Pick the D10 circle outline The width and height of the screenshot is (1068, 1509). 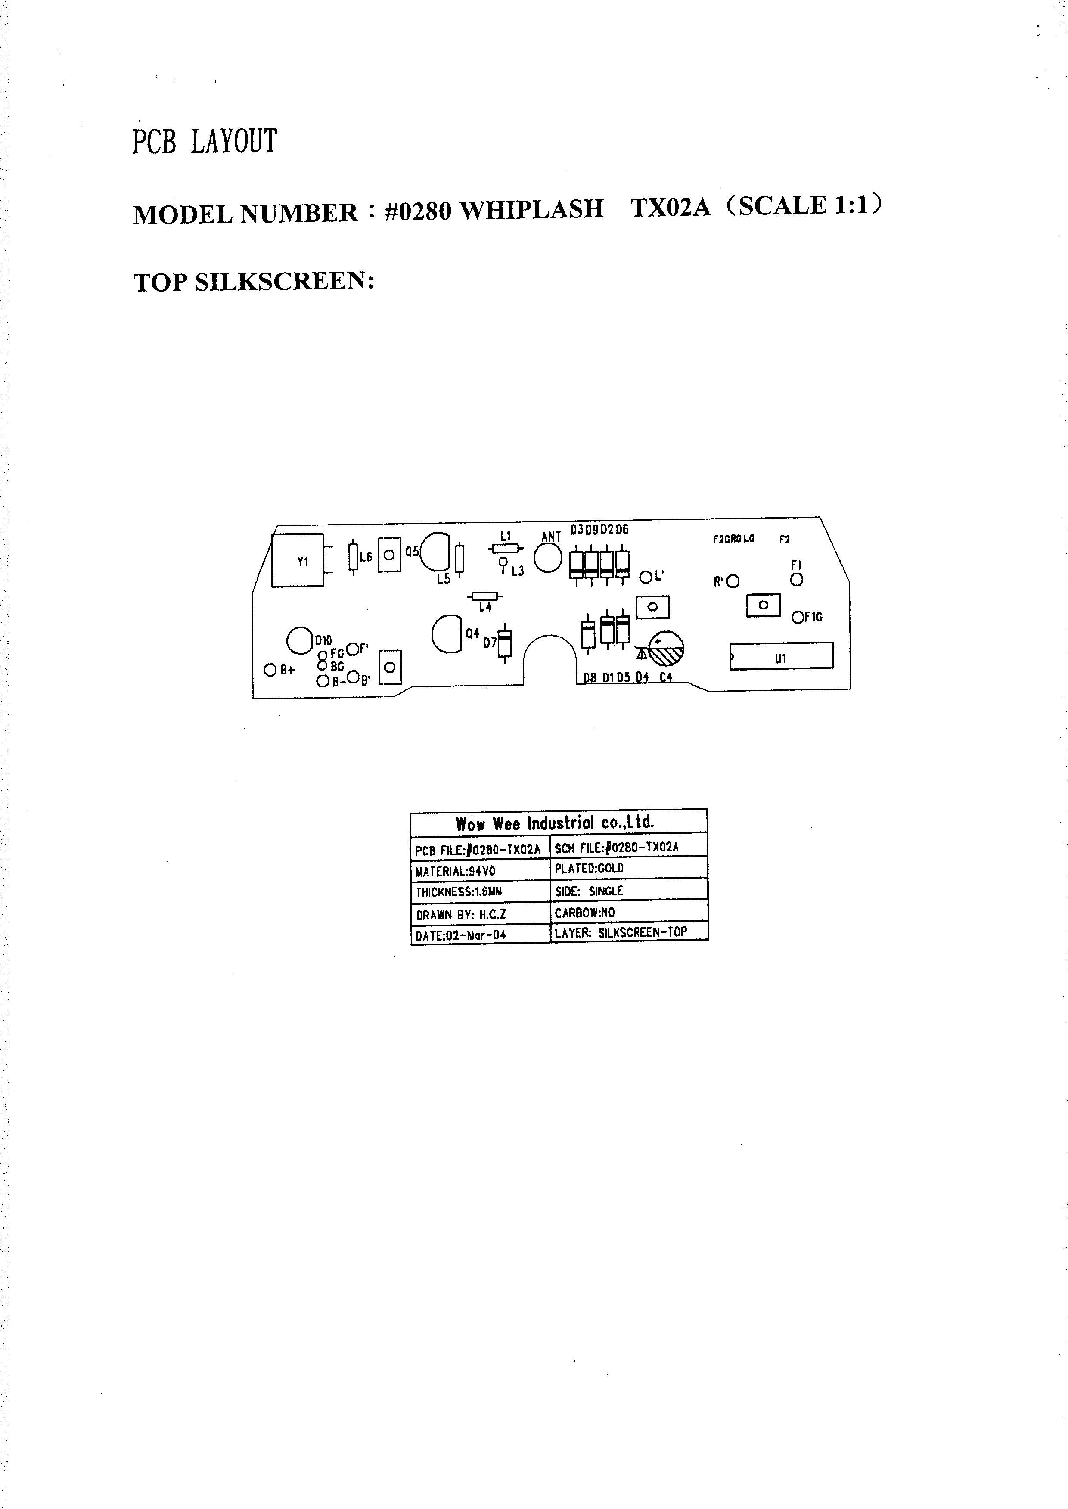click(299, 640)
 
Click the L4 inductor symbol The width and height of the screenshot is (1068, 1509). click(484, 596)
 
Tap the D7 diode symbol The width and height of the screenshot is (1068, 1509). click(504, 643)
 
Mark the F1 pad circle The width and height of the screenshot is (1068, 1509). click(796, 579)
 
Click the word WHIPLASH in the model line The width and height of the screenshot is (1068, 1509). click(530, 210)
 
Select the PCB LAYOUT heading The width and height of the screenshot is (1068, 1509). click(205, 141)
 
